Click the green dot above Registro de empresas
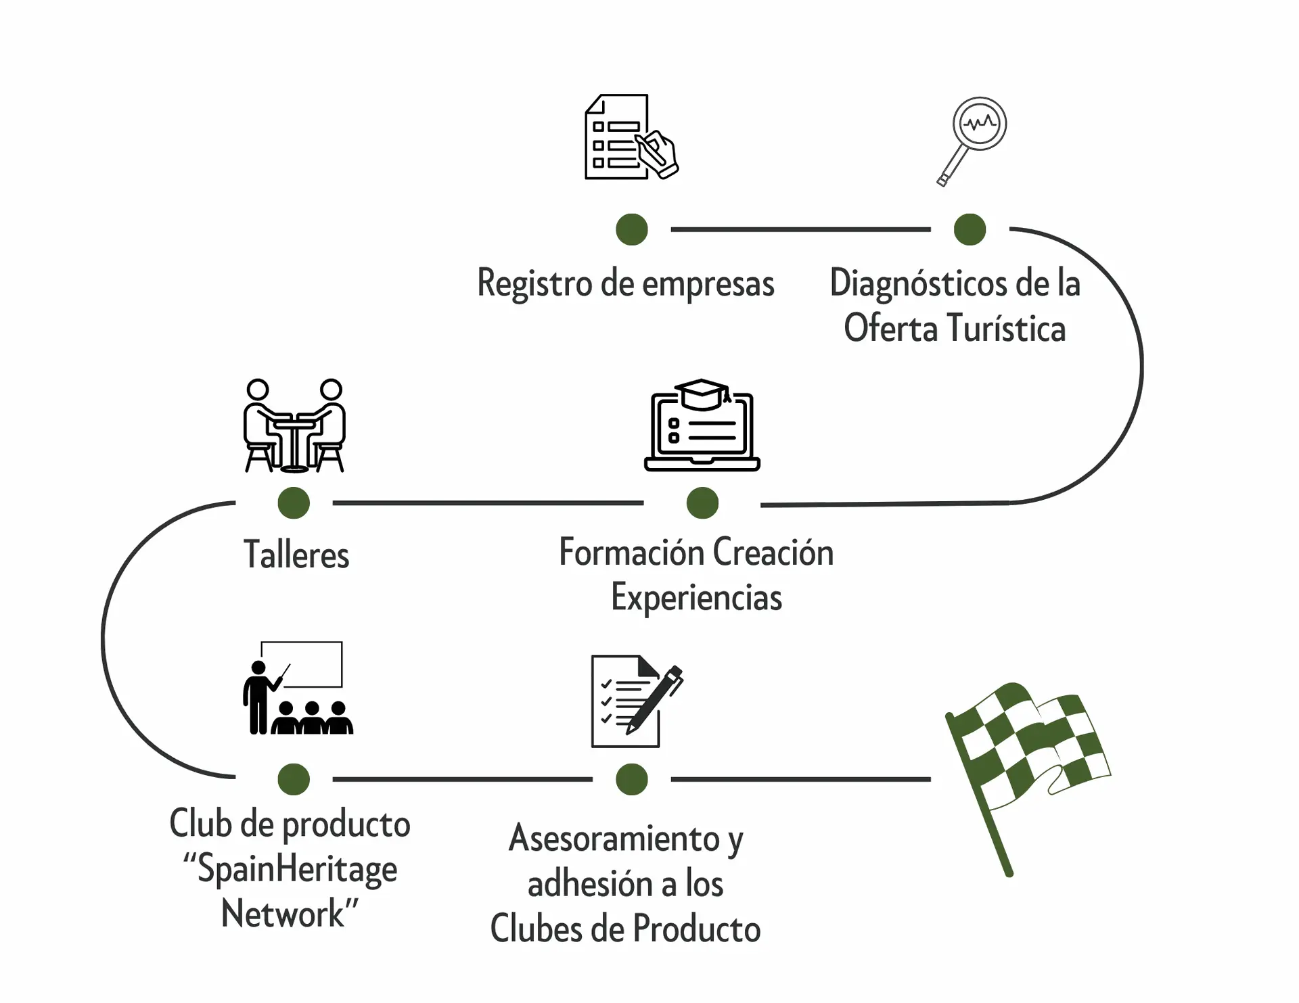[632, 229]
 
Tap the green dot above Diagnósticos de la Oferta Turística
[970, 229]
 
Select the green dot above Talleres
[294, 503]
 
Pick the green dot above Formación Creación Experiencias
[702, 503]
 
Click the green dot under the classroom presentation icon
[294, 779]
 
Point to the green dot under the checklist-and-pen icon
[632, 779]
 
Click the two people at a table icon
[294, 425]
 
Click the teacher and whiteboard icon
[298, 689]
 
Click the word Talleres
[296, 555]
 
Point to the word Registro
[534, 283]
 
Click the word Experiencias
[696, 598]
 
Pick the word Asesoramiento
[614, 839]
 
